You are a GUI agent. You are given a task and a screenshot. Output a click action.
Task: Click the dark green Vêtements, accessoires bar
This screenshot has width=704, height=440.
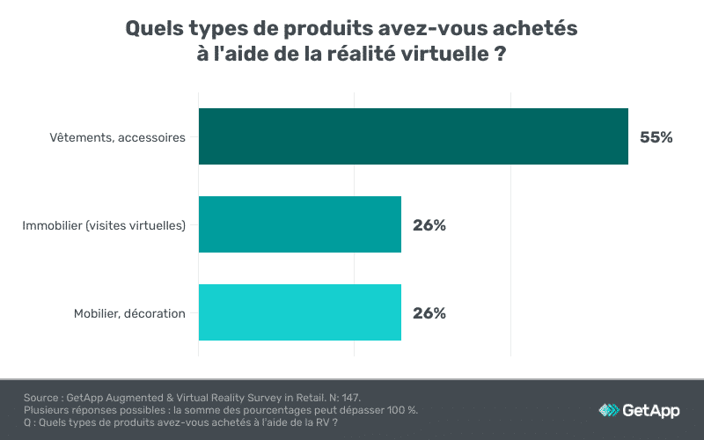point(414,136)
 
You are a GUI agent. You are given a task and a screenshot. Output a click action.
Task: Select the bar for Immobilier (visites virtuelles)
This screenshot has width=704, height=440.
point(300,224)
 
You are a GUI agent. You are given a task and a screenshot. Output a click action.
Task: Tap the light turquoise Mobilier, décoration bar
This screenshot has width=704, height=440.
point(300,312)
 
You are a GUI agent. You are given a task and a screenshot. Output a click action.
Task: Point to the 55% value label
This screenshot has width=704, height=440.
point(656,137)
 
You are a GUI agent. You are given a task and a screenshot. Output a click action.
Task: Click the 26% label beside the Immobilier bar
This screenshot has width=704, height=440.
point(429,225)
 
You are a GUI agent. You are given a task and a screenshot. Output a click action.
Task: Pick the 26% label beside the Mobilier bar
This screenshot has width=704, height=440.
point(429,313)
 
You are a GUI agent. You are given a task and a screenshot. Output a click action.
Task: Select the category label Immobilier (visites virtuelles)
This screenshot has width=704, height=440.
point(104,225)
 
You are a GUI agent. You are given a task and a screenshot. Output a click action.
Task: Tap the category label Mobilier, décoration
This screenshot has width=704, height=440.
point(129,313)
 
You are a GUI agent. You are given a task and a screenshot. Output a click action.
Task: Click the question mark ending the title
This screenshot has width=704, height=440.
point(499,54)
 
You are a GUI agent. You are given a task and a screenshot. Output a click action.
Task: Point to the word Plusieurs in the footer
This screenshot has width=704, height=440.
point(49,410)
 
